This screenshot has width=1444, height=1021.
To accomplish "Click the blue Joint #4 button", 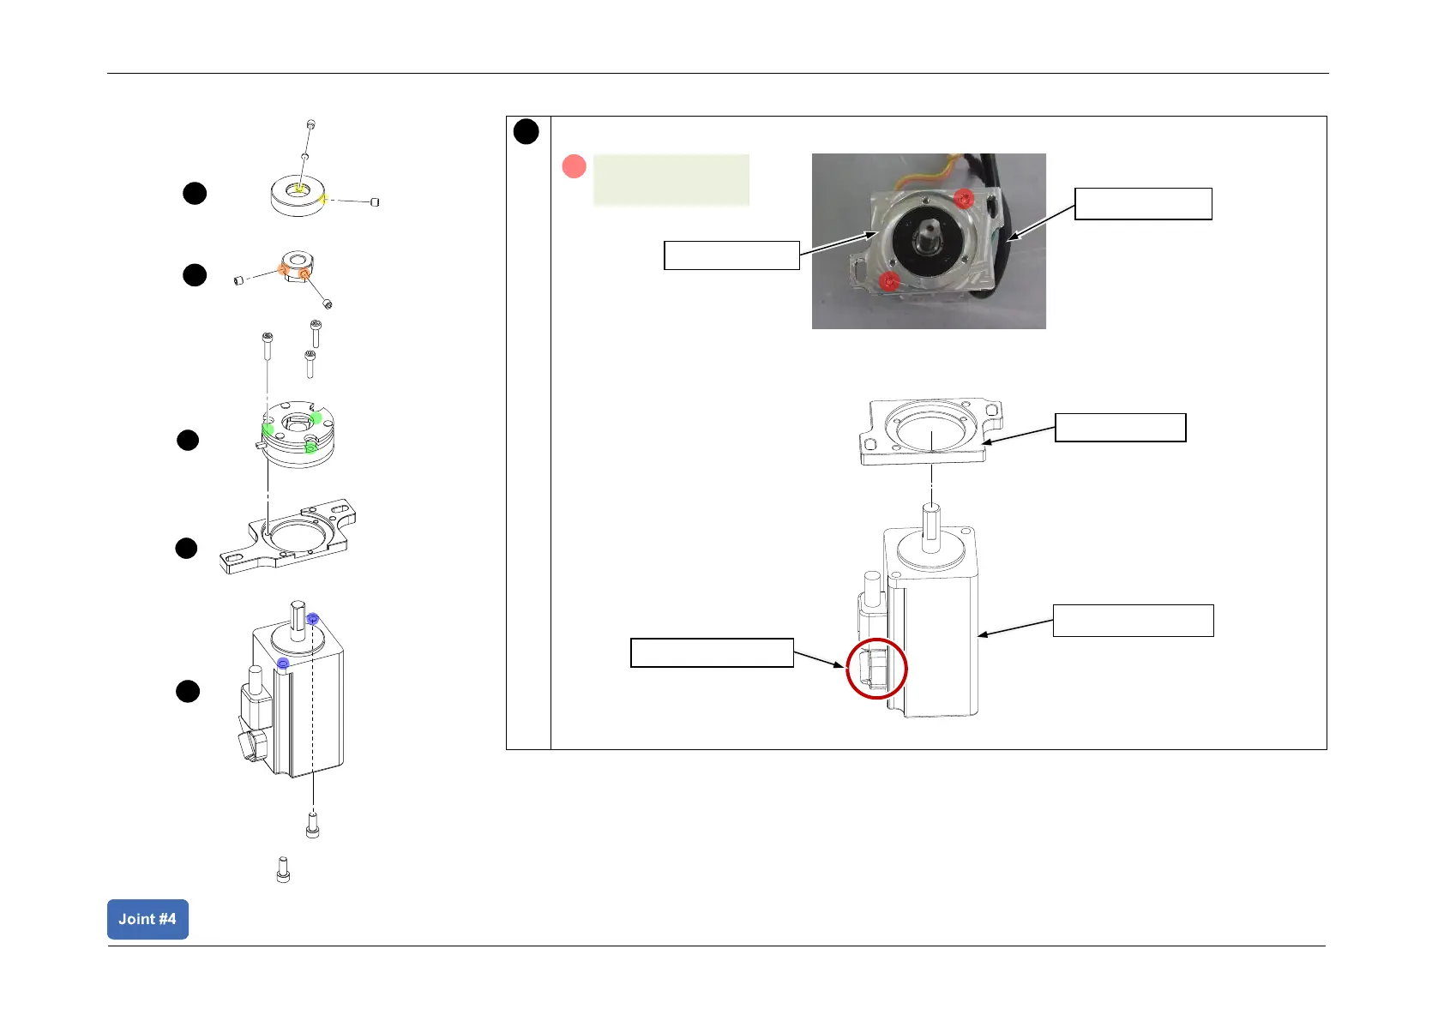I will (x=147, y=919).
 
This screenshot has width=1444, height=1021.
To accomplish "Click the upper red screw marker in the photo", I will (x=964, y=199).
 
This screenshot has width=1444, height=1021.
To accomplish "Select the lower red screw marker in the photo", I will (x=890, y=280).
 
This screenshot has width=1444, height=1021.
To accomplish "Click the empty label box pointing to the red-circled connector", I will (x=712, y=652).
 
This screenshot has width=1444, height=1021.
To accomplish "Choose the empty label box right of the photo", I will (x=1143, y=204).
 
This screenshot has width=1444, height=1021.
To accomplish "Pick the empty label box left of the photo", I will (x=731, y=255).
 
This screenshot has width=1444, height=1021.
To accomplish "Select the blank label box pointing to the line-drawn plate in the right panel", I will (x=1120, y=427).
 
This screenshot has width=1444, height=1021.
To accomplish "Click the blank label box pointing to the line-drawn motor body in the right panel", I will (x=1133, y=621).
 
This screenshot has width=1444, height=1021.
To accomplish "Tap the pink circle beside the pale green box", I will (x=574, y=166).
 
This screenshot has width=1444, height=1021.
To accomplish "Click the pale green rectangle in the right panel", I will (x=671, y=180).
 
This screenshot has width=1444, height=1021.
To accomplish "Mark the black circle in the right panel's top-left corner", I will (x=526, y=132).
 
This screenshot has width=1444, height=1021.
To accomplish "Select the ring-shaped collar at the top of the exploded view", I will (x=297, y=198).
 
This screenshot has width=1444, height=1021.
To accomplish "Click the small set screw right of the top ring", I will (x=375, y=202).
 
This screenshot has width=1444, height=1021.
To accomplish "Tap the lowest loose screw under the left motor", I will (x=283, y=869).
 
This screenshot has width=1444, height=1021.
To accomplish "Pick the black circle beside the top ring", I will (x=195, y=193).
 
